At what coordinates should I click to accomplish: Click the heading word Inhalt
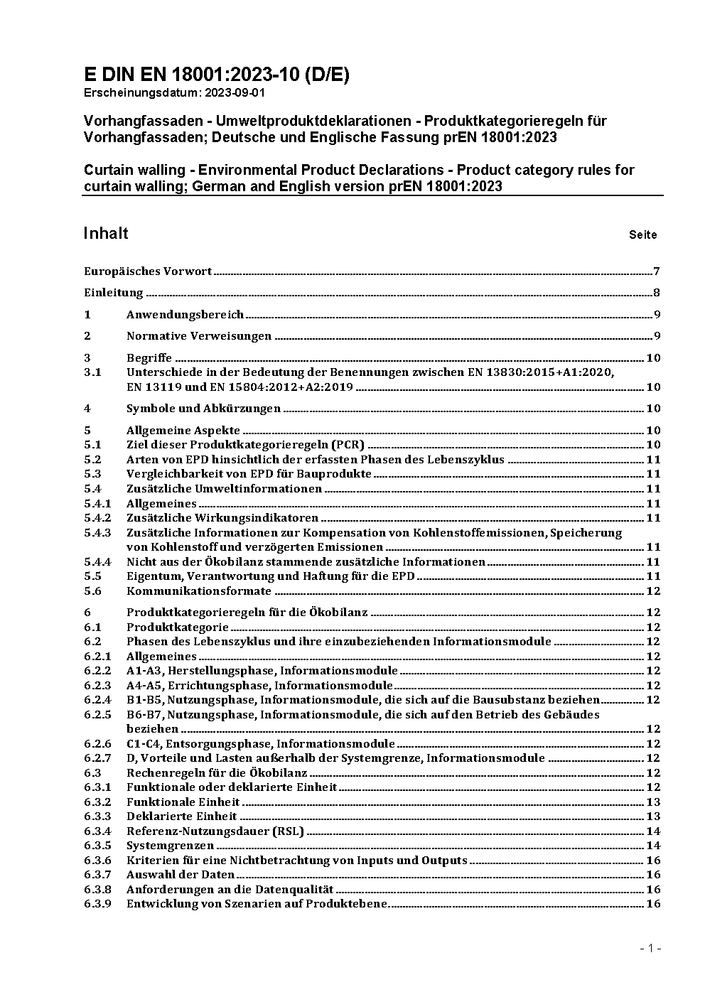[106, 234]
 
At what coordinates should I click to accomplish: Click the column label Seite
[642, 235]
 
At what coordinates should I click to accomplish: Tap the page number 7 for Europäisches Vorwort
[657, 271]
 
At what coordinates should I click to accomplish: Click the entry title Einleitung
[114, 293]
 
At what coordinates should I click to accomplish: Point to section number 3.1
[92, 372]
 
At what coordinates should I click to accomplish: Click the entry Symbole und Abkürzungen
[203, 409]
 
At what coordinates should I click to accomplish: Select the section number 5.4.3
[97, 532]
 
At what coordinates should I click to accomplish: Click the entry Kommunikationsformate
[199, 591]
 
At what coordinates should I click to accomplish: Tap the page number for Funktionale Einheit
[653, 802]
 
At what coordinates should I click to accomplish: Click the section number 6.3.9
[97, 904]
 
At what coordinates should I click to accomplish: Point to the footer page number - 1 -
[650, 948]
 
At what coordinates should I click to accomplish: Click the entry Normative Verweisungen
[199, 336]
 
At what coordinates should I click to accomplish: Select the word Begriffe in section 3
[149, 358]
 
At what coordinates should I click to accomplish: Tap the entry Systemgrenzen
[170, 846]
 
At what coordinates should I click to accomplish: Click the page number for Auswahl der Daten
[653, 875]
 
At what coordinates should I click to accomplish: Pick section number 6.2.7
[97, 758]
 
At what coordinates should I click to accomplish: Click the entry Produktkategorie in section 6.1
[178, 627]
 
